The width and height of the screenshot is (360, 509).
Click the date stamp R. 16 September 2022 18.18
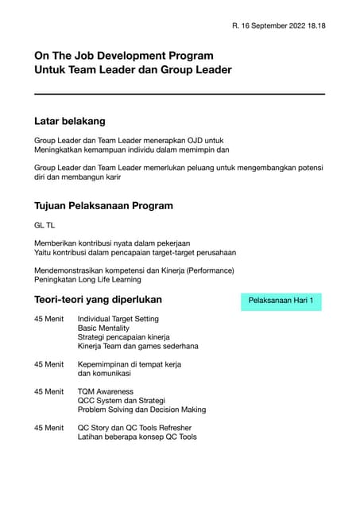click(278, 26)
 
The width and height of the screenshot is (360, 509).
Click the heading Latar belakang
click(70, 122)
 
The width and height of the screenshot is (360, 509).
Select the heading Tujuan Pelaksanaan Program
click(103, 205)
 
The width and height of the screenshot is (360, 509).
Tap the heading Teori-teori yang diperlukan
click(98, 300)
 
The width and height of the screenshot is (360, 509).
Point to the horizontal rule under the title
click(180, 95)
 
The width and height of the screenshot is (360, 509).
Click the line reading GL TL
click(45, 225)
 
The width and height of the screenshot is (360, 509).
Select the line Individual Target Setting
click(118, 318)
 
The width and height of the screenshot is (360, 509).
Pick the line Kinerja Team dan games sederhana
click(137, 347)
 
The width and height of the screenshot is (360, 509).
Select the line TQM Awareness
click(106, 391)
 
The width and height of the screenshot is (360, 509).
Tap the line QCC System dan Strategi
click(121, 401)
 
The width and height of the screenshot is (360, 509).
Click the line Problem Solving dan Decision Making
click(141, 410)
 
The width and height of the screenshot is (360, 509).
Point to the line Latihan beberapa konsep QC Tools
click(137, 437)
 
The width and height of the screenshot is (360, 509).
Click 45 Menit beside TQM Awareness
click(48, 391)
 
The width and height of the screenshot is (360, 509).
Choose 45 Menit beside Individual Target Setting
click(48, 318)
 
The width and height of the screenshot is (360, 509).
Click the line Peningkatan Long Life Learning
click(87, 280)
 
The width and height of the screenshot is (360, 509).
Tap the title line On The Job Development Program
click(123, 56)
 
